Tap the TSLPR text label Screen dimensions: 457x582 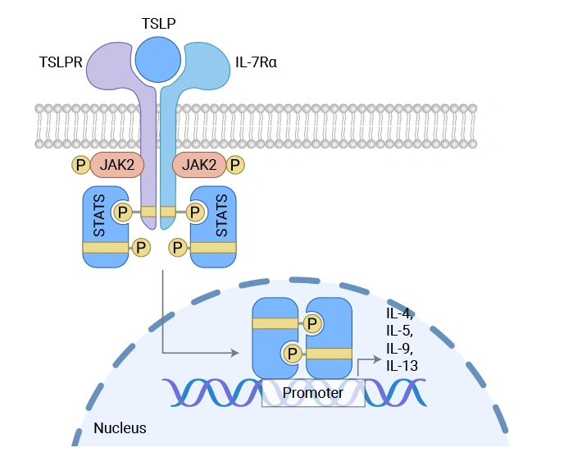pyautogui.click(x=61, y=62)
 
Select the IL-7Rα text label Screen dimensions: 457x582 pyautogui.click(x=257, y=62)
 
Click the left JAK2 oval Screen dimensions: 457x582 pyautogui.click(x=117, y=165)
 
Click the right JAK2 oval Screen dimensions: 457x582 pyautogui.click(x=199, y=165)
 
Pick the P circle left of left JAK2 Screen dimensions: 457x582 pyautogui.click(x=80, y=165)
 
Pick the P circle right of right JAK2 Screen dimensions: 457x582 pyautogui.click(x=236, y=165)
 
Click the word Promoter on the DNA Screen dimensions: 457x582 pyautogui.click(x=312, y=392)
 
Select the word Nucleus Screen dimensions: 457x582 pyautogui.click(x=120, y=427)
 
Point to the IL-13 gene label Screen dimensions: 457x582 pyautogui.click(x=402, y=365)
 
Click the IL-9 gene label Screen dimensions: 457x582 pyautogui.click(x=400, y=348)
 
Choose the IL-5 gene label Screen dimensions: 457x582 pyautogui.click(x=400, y=331)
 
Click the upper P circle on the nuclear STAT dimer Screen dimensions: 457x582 pyautogui.click(x=314, y=323)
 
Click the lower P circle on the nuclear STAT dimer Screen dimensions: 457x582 pyautogui.click(x=291, y=354)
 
